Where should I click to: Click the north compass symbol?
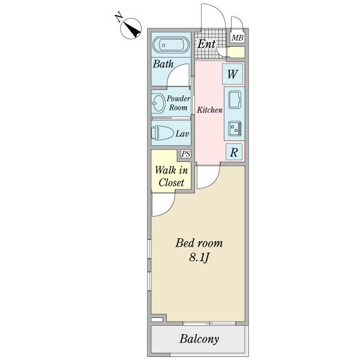pyautogui.click(x=131, y=28)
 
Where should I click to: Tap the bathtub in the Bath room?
pyautogui.click(x=171, y=45)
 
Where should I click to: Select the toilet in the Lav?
pyautogui.click(x=164, y=133)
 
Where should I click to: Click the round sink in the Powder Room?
pyautogui.click(x=158, y=103)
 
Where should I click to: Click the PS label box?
pyautogui.click(x=186, y=154)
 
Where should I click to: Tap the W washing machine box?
pyautogui.click(x=233, y=75)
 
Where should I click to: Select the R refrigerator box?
pyautogui.click(x=233, y=152)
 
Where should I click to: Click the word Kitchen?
pyautogui.click(x=210, y=110)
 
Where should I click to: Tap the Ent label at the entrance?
pyautogui.click(x=207, y=44)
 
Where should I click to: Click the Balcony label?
pyautogui.click(x=199, y=340)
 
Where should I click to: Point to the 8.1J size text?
pyautogui.click(x=199, y=259)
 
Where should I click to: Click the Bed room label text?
pyautogui.click(x=199, y=243)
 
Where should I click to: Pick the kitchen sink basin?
pyautogui.click(x=234, y=100)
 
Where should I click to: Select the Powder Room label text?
pyautogui.click(x=179, y=103)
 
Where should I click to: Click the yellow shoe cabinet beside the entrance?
pyautogui.click(x=236, y=53)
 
